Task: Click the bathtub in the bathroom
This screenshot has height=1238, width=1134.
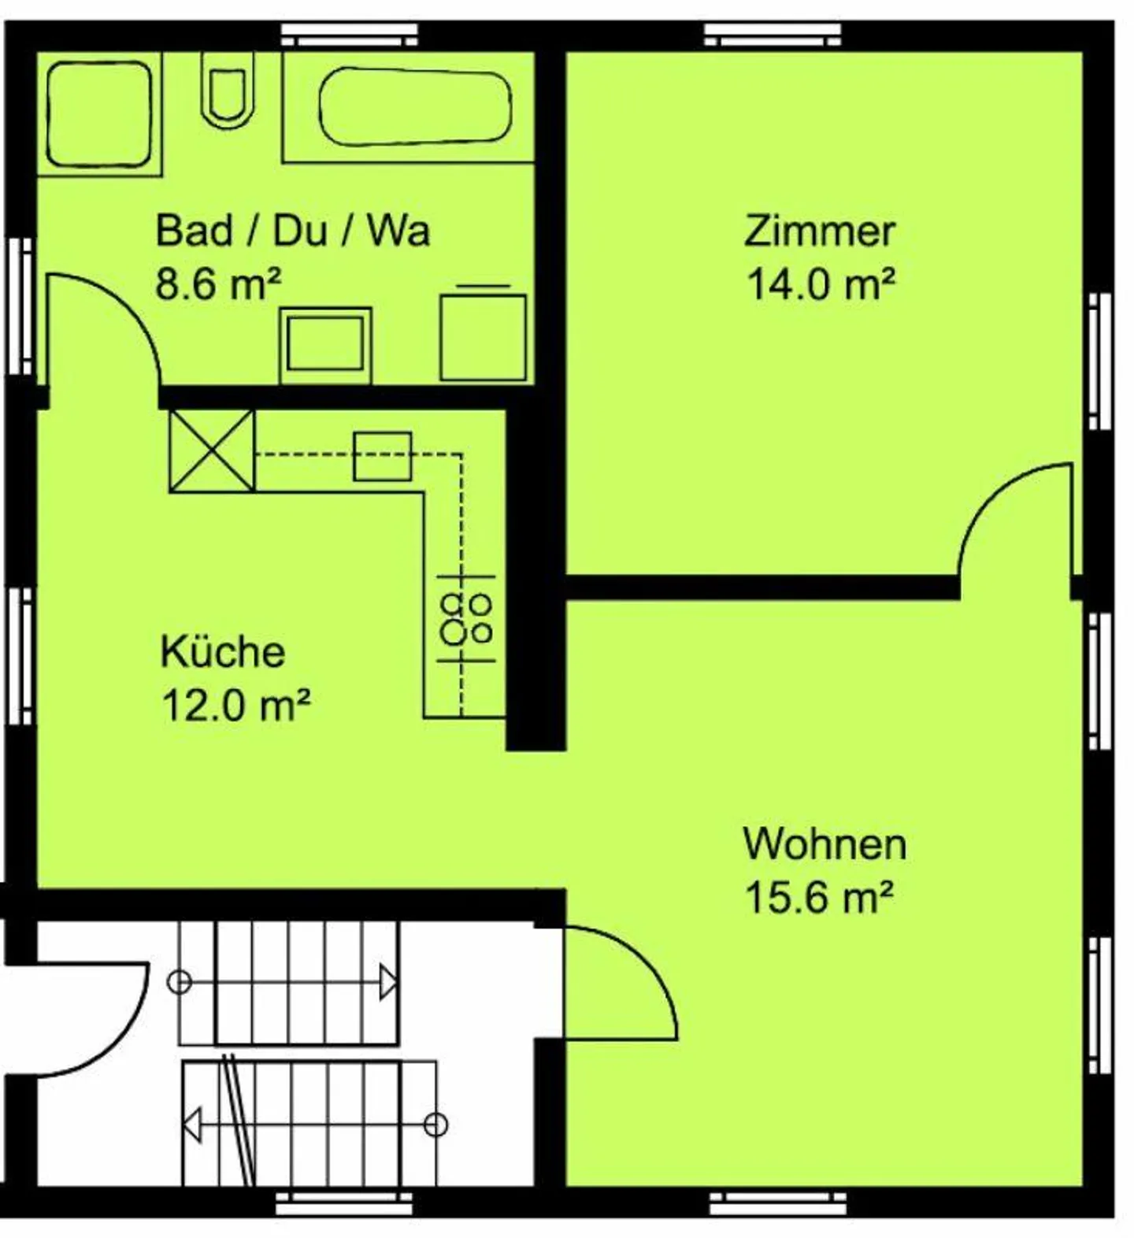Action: coord(414,106)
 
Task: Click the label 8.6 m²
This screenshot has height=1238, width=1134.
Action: coord(218,284)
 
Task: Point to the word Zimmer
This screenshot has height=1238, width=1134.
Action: coord(820,231)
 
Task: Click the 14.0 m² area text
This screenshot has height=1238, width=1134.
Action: coord(821,284)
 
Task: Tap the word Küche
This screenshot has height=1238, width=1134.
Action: coord(223,652)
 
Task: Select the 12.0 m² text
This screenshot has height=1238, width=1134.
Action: coord(235,705)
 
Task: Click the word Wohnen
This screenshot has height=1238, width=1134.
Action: coord(825,843)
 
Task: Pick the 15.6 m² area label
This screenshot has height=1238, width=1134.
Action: coord(819,897)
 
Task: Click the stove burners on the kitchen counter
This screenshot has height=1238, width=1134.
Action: coord(466,618)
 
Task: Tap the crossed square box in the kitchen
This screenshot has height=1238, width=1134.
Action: coord(213,451)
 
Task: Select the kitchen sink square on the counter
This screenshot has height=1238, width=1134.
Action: coord(382,456)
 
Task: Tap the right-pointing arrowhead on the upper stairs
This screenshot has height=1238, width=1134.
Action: coord(387,982)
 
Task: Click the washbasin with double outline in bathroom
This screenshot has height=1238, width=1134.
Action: coord(325,344)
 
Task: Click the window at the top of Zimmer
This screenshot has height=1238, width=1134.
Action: coord(772,35)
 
